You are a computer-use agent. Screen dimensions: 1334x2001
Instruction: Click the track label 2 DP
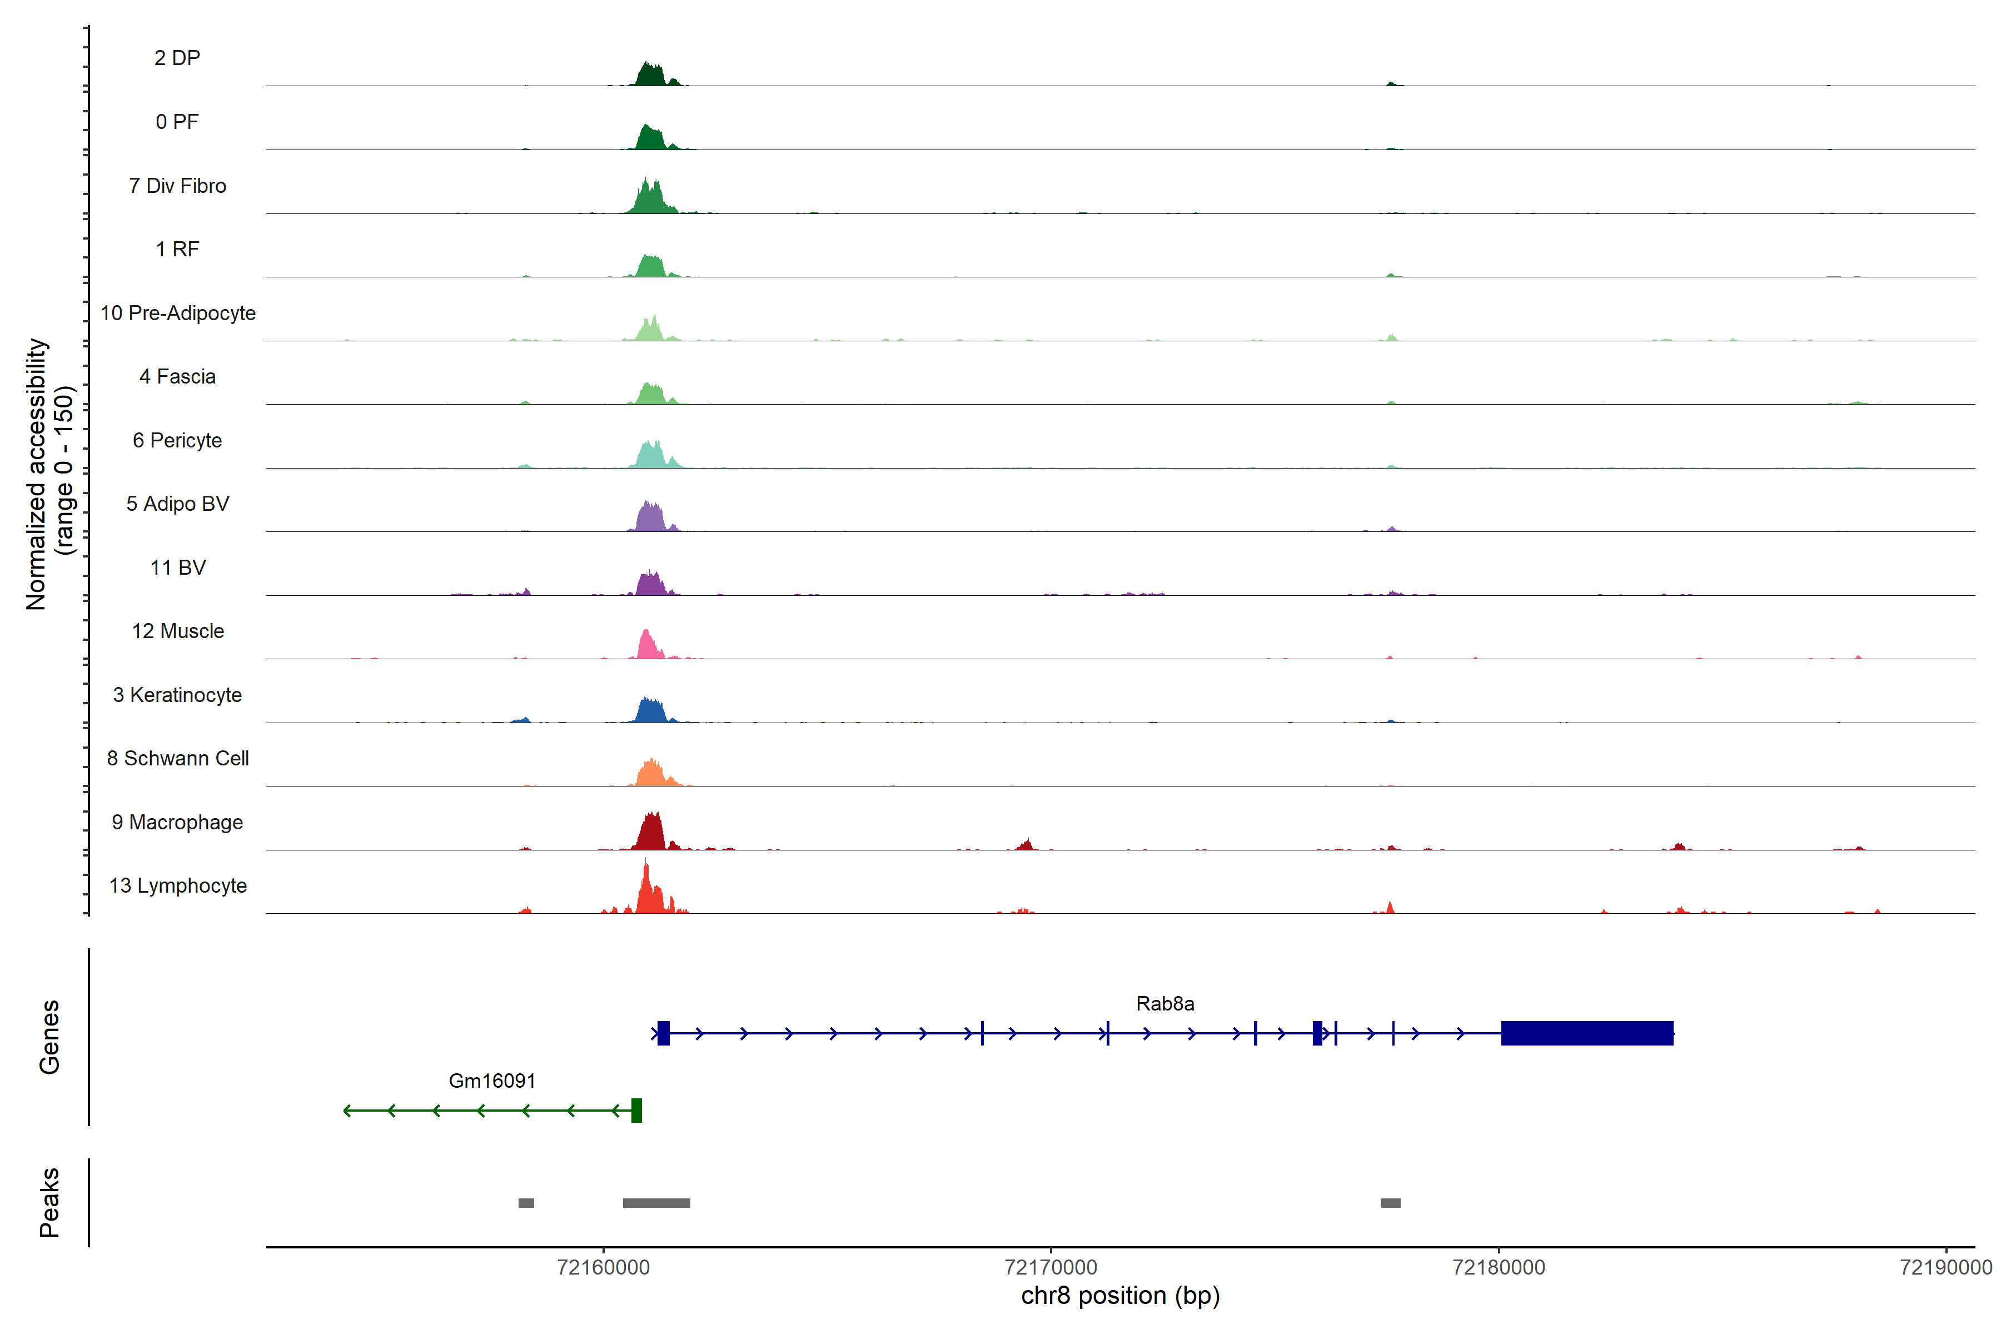pos(177,58)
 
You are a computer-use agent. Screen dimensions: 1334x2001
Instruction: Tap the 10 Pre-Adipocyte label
pos(178,313)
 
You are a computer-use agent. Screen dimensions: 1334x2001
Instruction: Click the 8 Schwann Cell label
pos(178,758)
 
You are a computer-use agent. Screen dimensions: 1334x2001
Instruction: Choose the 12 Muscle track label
pos(178,631)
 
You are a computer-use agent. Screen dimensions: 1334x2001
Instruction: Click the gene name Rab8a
pos(1164,1004)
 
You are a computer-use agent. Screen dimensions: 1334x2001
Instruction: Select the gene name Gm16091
pos(492,1081)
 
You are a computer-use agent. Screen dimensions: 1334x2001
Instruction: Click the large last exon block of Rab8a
pos(1587,1033)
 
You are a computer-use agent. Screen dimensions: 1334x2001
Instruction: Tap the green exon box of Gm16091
pos(636,1110)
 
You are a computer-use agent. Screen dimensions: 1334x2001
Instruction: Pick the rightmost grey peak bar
pos(1390,1203)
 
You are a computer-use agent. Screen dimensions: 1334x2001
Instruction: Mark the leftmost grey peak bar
pos(526,1203)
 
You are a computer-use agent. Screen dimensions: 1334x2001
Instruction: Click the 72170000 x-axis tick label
pos(1051,1268)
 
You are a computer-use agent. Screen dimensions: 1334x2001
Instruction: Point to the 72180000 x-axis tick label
pos(1498,1268)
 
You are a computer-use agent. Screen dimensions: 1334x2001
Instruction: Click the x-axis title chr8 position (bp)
pos(1119,1296)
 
